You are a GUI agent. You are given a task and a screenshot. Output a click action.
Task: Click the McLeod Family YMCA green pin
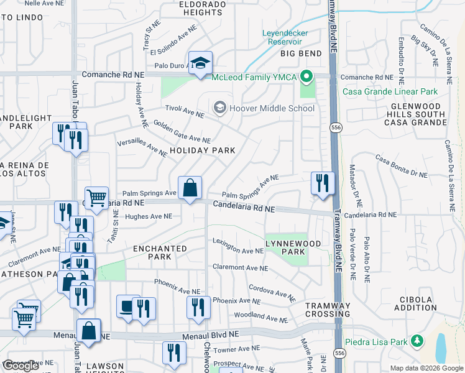pos(306,78)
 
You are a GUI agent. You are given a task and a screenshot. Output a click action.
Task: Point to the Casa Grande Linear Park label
pos(390,91)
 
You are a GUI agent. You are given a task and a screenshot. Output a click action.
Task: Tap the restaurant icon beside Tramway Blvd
pos(322,183)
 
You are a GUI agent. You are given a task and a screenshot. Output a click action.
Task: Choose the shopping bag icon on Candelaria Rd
pos(190,188)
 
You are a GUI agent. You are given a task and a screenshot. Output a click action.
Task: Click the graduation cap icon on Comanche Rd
pos(200,63)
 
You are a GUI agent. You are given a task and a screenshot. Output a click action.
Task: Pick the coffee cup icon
pos(128,306)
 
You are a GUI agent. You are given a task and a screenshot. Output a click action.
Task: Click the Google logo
pos(21,366)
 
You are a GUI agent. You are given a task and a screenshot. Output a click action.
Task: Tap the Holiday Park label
pos(203,150)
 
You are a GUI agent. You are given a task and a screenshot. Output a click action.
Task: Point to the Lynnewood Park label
pos(285,247)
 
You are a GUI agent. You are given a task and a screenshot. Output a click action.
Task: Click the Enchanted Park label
pos(160,252)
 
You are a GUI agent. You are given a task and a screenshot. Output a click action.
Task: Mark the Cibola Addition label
pos(417,303)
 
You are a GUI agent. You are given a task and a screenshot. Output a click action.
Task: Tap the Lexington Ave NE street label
pos(238,246)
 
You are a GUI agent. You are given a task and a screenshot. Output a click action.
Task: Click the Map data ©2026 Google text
pos(426,368)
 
